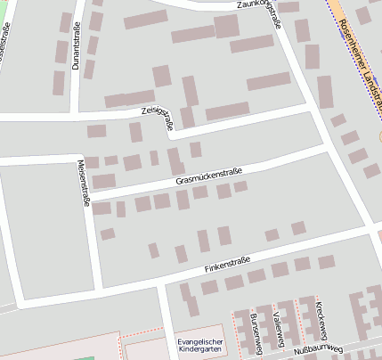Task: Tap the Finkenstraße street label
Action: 227,263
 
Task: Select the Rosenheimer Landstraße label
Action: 356,53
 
